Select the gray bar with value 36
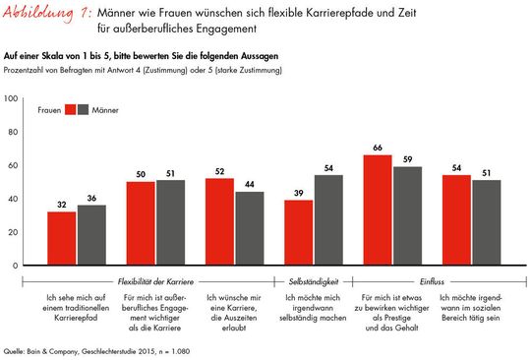point(91,235)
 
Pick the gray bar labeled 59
point(407,215)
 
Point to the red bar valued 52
point(219,221)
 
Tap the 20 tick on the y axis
point(12,232)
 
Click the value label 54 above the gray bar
point(328,167)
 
